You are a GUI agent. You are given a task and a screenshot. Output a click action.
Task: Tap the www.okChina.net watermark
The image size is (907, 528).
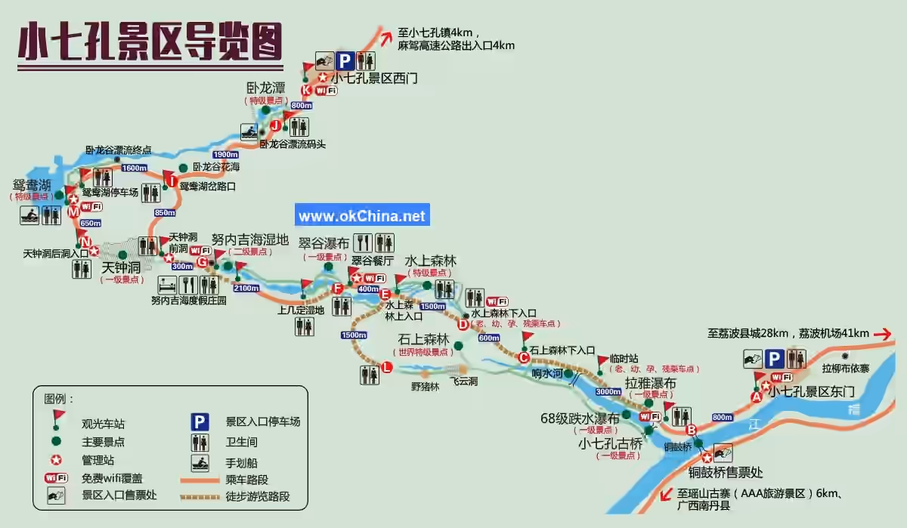click(362, 216)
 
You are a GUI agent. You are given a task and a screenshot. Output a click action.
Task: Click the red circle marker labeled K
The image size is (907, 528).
click(305, 91)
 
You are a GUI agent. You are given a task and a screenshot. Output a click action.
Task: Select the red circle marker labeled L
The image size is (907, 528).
click(387, 368)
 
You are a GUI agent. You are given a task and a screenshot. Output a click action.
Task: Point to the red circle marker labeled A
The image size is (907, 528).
click(755, 397)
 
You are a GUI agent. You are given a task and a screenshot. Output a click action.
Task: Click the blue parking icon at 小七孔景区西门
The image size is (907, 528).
click(345, 60)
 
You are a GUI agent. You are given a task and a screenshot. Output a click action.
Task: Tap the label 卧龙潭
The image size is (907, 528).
click(266, 88)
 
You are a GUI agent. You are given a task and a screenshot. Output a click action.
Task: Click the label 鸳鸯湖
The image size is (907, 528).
click(32, 184)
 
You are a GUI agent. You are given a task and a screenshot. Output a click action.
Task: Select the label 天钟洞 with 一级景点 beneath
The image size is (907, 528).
click(122, 267)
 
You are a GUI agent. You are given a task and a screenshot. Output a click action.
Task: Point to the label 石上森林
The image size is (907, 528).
click(423, 339)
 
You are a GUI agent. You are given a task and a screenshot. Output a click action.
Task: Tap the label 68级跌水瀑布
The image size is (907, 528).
click(580, 418)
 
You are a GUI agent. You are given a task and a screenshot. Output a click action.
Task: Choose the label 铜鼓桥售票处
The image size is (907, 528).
click(725, 473)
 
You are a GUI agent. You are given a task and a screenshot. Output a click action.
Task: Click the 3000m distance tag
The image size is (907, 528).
click(608, 392)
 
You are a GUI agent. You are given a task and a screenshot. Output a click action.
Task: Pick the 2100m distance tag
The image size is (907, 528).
click(246, 288)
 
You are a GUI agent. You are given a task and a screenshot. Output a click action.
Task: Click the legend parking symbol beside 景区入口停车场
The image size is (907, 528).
click(200, 421)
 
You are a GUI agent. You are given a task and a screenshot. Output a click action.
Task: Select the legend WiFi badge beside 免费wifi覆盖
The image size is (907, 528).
click(56, 477)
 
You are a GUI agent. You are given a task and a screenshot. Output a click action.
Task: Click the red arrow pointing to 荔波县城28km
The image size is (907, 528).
click(883, 333)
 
